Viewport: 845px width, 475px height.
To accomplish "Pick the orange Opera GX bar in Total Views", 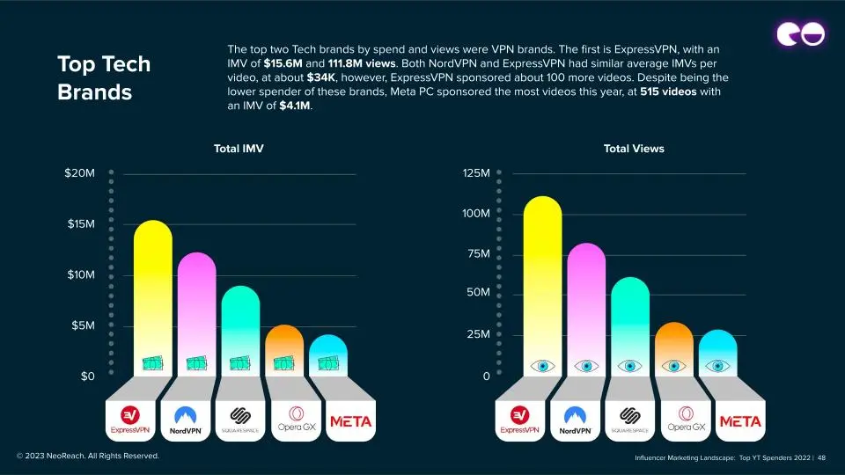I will (674, 343).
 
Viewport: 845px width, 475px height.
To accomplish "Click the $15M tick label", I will (81, 224).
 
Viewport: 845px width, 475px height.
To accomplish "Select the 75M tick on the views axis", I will (475, 254).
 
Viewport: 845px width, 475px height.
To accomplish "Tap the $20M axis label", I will (79, 173).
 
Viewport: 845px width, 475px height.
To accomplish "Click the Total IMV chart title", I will (239, 149).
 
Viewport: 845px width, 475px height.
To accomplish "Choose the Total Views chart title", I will (634, 149).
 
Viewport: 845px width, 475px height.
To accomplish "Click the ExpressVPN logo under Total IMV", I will (131, 420).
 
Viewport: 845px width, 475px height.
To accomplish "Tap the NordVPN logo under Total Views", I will (576, 420).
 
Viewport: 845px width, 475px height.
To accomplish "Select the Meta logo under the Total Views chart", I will (740, 421).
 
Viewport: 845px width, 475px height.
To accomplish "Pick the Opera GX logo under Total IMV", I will (290, 420).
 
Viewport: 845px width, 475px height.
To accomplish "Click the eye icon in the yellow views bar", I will (542, 366).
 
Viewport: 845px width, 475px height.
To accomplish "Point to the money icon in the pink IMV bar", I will (196, 362).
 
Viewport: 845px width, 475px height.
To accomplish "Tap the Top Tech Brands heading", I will (104, 77).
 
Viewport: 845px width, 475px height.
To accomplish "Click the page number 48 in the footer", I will (833, 457).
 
